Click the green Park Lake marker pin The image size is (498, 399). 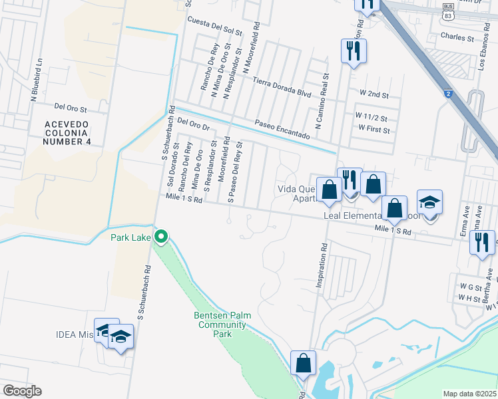[161, 236]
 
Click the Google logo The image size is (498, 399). [21, 391]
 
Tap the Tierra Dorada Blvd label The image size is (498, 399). [282, 88]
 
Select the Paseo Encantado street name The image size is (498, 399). [282, 129]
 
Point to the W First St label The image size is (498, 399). [374, 128]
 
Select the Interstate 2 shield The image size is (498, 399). [449, 94]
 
